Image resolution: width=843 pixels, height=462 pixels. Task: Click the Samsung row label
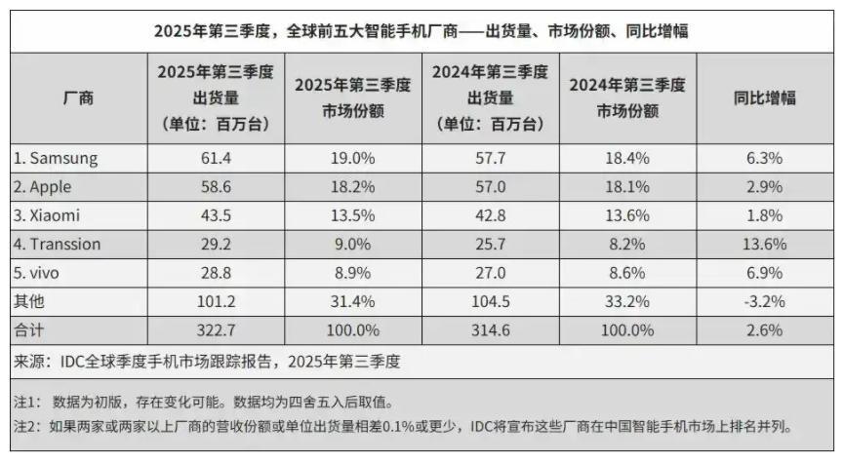(x=56, y=159)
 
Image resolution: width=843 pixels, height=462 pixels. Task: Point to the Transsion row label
(x=59, y=245)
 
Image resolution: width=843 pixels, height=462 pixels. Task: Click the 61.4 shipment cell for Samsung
(x=213, y=159)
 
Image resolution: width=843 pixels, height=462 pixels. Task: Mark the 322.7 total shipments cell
(x=213, y=329)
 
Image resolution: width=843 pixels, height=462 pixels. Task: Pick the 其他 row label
(x=28, y=301)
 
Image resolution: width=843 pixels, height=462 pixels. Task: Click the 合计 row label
(x=28, y=329)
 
